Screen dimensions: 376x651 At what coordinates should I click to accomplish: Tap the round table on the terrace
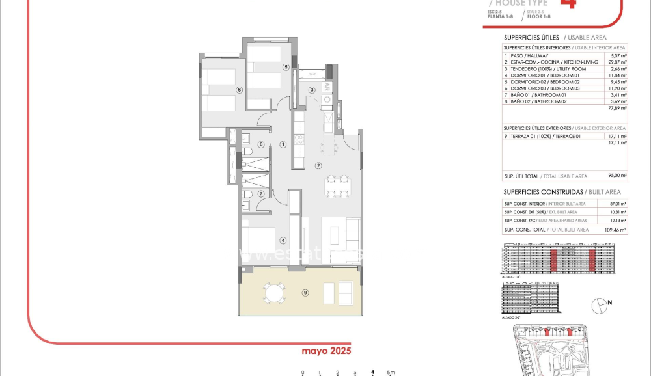click(273, 293)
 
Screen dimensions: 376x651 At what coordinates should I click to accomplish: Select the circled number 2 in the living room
click(318, 165)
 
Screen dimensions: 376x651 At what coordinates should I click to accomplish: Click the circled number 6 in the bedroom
click(239, 90)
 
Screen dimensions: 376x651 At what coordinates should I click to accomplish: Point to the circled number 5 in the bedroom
click(285, 67)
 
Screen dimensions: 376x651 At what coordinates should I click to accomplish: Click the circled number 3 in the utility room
click(312, 90)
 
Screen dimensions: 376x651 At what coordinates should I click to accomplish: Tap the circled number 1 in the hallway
click(283, 144)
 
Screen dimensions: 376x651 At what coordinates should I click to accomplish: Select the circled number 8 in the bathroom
click(260, 144)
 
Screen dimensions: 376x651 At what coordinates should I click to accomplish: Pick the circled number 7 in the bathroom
click(260, 193)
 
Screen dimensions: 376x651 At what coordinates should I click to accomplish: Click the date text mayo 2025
click(326, 351)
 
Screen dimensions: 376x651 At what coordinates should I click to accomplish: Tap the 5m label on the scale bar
click(390, 373)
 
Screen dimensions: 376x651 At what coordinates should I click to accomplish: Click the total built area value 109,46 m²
click(615, 230)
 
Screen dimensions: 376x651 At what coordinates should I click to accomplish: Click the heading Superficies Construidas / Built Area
click(562, 192)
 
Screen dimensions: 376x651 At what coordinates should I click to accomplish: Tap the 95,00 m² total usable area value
click(617, 176)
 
